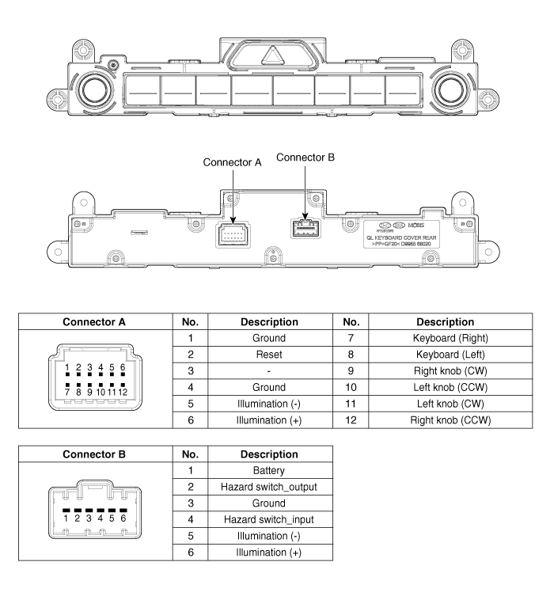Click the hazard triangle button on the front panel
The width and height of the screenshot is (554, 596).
pos(272,56)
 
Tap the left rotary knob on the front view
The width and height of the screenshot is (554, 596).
pos(95,90)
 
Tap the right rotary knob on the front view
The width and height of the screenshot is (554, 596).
pos(450,90)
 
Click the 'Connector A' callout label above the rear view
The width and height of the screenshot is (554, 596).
pos(232,162)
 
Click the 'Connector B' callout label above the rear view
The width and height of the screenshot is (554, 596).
pos(305,158)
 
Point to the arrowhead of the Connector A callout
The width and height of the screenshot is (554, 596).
pos(233,220)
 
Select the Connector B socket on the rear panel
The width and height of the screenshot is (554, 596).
pos(305,229)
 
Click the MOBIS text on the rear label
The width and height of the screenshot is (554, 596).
pos(416,225)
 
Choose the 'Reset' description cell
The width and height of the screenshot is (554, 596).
pos(269,355)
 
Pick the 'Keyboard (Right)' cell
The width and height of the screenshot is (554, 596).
pos(450,338)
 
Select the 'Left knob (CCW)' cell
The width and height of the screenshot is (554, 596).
pos(450,387)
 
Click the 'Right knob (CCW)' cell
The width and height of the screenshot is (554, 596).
pos(450,420)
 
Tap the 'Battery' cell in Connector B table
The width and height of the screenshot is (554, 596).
pos(269,471)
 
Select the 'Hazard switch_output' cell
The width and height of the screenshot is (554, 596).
pos(269,487)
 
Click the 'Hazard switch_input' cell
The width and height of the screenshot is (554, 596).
pos(269,519)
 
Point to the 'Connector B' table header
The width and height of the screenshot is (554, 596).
pos(94,454)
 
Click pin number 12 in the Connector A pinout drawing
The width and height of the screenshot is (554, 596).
pos(123,392)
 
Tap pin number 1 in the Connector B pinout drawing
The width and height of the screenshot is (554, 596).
pos(66,518)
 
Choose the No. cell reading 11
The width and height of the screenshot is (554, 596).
pos(351,404)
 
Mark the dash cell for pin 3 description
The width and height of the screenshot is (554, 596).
pos(269,371)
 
